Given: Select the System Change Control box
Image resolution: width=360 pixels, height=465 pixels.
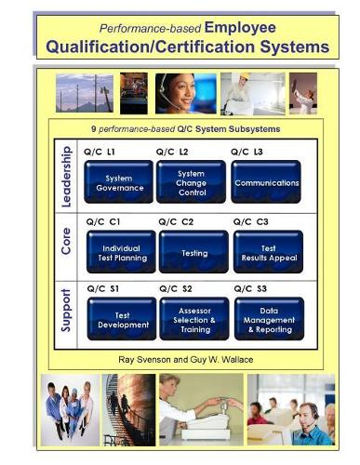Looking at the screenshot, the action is (x=191, y=181).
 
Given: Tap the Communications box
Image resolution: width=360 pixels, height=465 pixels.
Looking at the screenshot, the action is (x=266, y=182).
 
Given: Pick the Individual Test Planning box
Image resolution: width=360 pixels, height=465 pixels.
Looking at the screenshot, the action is (x=120, y=252).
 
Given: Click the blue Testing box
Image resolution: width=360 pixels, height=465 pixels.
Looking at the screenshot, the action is (x=193, y=252).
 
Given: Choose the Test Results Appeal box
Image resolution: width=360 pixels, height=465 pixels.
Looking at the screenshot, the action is (x=267, y=252).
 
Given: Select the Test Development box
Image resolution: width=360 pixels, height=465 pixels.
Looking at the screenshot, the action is (x=120, y=320).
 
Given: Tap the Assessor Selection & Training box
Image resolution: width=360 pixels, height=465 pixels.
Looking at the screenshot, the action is (x=193, y=320).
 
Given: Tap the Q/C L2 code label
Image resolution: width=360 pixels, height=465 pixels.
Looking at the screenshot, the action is (x=172, y=151).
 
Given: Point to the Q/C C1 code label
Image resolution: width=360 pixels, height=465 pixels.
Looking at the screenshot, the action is (x=102, y=221).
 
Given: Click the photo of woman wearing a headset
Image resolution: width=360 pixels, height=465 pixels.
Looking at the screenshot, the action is (x=185, y=93).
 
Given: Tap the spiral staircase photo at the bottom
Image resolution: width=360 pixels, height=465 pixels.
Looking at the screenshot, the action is (x=129, y=408).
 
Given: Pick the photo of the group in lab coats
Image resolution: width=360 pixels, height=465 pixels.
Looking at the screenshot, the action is (x=70, y=408).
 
